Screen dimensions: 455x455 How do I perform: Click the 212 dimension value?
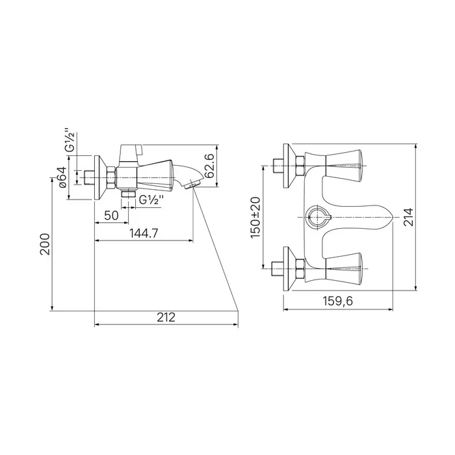point(166,317)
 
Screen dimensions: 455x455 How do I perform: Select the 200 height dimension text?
point(45,244)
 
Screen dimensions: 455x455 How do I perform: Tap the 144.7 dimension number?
point(144,233)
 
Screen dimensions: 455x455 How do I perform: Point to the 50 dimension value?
point(111,216)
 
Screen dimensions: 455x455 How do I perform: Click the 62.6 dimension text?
point(209,166)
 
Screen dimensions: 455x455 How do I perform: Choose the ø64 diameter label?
point(63,177)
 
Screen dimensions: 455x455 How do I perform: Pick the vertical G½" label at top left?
point(70,140)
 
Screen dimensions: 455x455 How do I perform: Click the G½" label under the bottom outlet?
point(151,200)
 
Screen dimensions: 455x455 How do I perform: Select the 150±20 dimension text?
point(256,218)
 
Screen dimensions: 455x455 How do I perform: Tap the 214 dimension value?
point(409,217)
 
